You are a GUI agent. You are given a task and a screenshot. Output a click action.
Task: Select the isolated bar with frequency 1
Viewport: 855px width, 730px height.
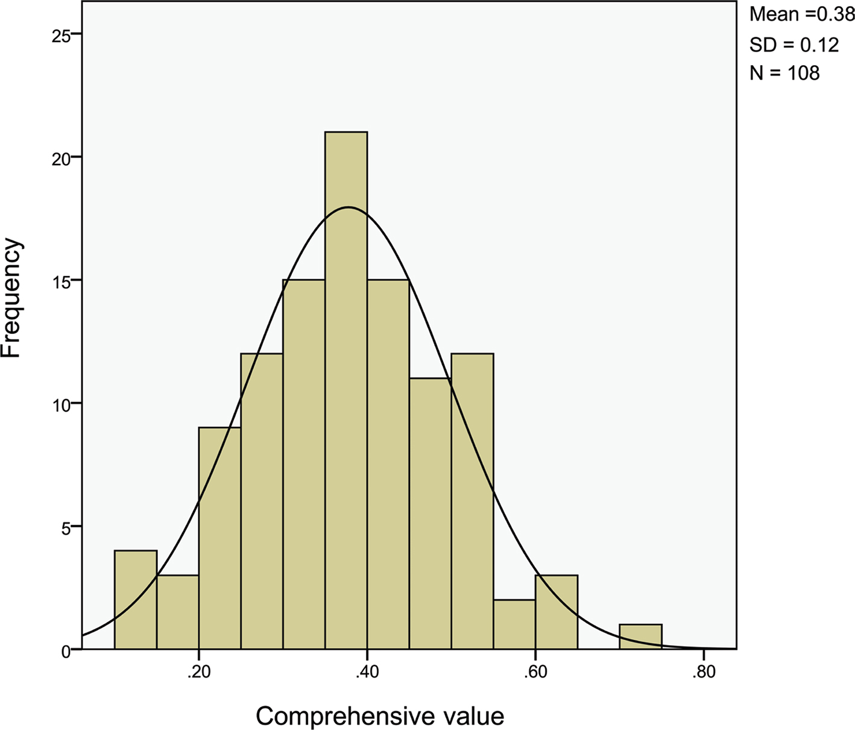click(x=640, y=637)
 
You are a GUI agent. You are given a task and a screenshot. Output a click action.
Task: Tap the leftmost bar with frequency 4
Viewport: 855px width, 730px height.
click(x=136, y=599)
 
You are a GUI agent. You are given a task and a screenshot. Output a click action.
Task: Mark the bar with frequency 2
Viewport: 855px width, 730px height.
click(x=514, y=624)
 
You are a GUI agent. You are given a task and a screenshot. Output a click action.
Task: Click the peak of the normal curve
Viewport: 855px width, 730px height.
click(x=348, y=207)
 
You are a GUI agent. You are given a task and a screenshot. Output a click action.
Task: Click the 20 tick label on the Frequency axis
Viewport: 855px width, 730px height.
click(x=61, y=159)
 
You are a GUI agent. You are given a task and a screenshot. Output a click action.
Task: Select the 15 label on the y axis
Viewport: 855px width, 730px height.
click(x=61, y=282)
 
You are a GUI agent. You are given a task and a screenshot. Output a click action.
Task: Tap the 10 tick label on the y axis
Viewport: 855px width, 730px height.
click(x=61, y=404)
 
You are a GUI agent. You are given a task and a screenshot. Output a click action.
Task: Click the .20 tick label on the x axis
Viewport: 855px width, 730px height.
click(x=198, y=672)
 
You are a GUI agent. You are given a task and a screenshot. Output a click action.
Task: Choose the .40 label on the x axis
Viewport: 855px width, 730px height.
click(x=367, y=672)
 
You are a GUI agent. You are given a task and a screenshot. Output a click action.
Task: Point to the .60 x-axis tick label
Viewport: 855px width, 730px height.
click(x=535, y=672)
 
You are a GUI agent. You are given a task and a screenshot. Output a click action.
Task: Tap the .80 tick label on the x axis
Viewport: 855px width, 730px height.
click(x=703, y=672)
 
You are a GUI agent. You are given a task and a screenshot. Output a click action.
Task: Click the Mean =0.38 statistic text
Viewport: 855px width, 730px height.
click(x=801, y=15)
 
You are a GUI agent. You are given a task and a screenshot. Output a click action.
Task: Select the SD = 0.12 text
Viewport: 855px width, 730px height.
click(x=793, y=45)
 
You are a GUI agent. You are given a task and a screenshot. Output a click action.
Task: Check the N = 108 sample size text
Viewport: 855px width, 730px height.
click(x=784, y=74)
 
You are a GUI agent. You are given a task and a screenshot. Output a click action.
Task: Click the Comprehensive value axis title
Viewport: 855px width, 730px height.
click(x=380, y=716)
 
